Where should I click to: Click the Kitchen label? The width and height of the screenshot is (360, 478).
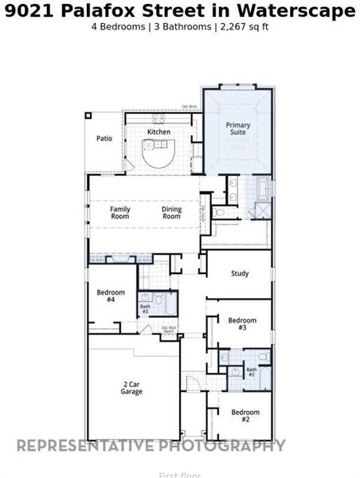click(158, 131)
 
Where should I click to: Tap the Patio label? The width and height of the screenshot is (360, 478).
click(104, 138)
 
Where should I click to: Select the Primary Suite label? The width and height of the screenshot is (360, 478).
click(237, 128)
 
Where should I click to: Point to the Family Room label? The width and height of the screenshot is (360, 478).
click(120, 213)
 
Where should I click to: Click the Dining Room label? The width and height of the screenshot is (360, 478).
click(171, 213)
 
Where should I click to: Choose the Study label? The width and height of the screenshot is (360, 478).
click(240, 273)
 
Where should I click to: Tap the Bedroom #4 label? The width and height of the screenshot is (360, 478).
click(106, 296)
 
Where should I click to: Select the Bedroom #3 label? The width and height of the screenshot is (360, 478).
click(242, 323)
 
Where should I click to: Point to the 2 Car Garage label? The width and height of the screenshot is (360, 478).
click(132, 388)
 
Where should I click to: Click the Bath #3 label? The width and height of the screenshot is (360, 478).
click(146, 308)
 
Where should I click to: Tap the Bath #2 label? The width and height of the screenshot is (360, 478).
click(251, 370)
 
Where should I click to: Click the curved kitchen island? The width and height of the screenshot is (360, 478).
click(156, 154)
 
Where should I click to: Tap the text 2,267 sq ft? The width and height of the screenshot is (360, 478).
click(246, 26)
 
